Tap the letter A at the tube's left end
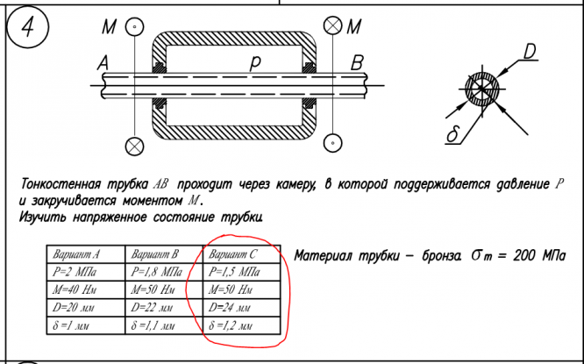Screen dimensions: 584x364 [103, 63]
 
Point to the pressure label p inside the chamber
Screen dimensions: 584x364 [255, 62]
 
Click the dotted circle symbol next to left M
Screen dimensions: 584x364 [133, 28]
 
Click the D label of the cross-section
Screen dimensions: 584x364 [531, 54]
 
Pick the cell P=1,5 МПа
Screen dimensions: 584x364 [234, 272]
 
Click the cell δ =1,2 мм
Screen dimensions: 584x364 [232, 326]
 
